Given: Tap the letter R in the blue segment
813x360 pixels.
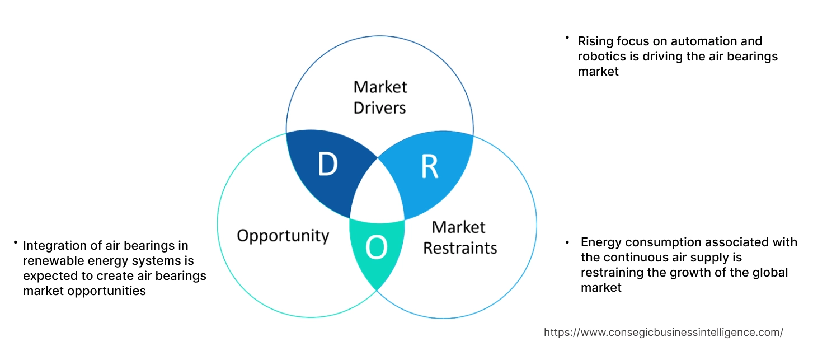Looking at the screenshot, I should (x=429, y=167).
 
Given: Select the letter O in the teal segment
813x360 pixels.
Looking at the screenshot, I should (x=377, y=248).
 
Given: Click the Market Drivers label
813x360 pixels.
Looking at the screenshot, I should (x=380, y=97).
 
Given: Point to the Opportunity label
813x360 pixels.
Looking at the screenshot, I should (x=283, y=235).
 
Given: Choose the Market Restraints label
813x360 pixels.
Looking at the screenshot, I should (x=459, y=237).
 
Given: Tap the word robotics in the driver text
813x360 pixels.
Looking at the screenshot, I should (x=602, y=56).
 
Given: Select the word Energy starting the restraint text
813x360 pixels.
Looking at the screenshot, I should (x=601, y=242).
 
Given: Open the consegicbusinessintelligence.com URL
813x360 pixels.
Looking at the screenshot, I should (x=663, y=332).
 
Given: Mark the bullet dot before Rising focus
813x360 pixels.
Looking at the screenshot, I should (x=567, y=38).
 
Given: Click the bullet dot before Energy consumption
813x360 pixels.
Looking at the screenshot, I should (x=567, y=242).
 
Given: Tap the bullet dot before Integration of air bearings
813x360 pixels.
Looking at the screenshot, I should (x=16, y=242).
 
